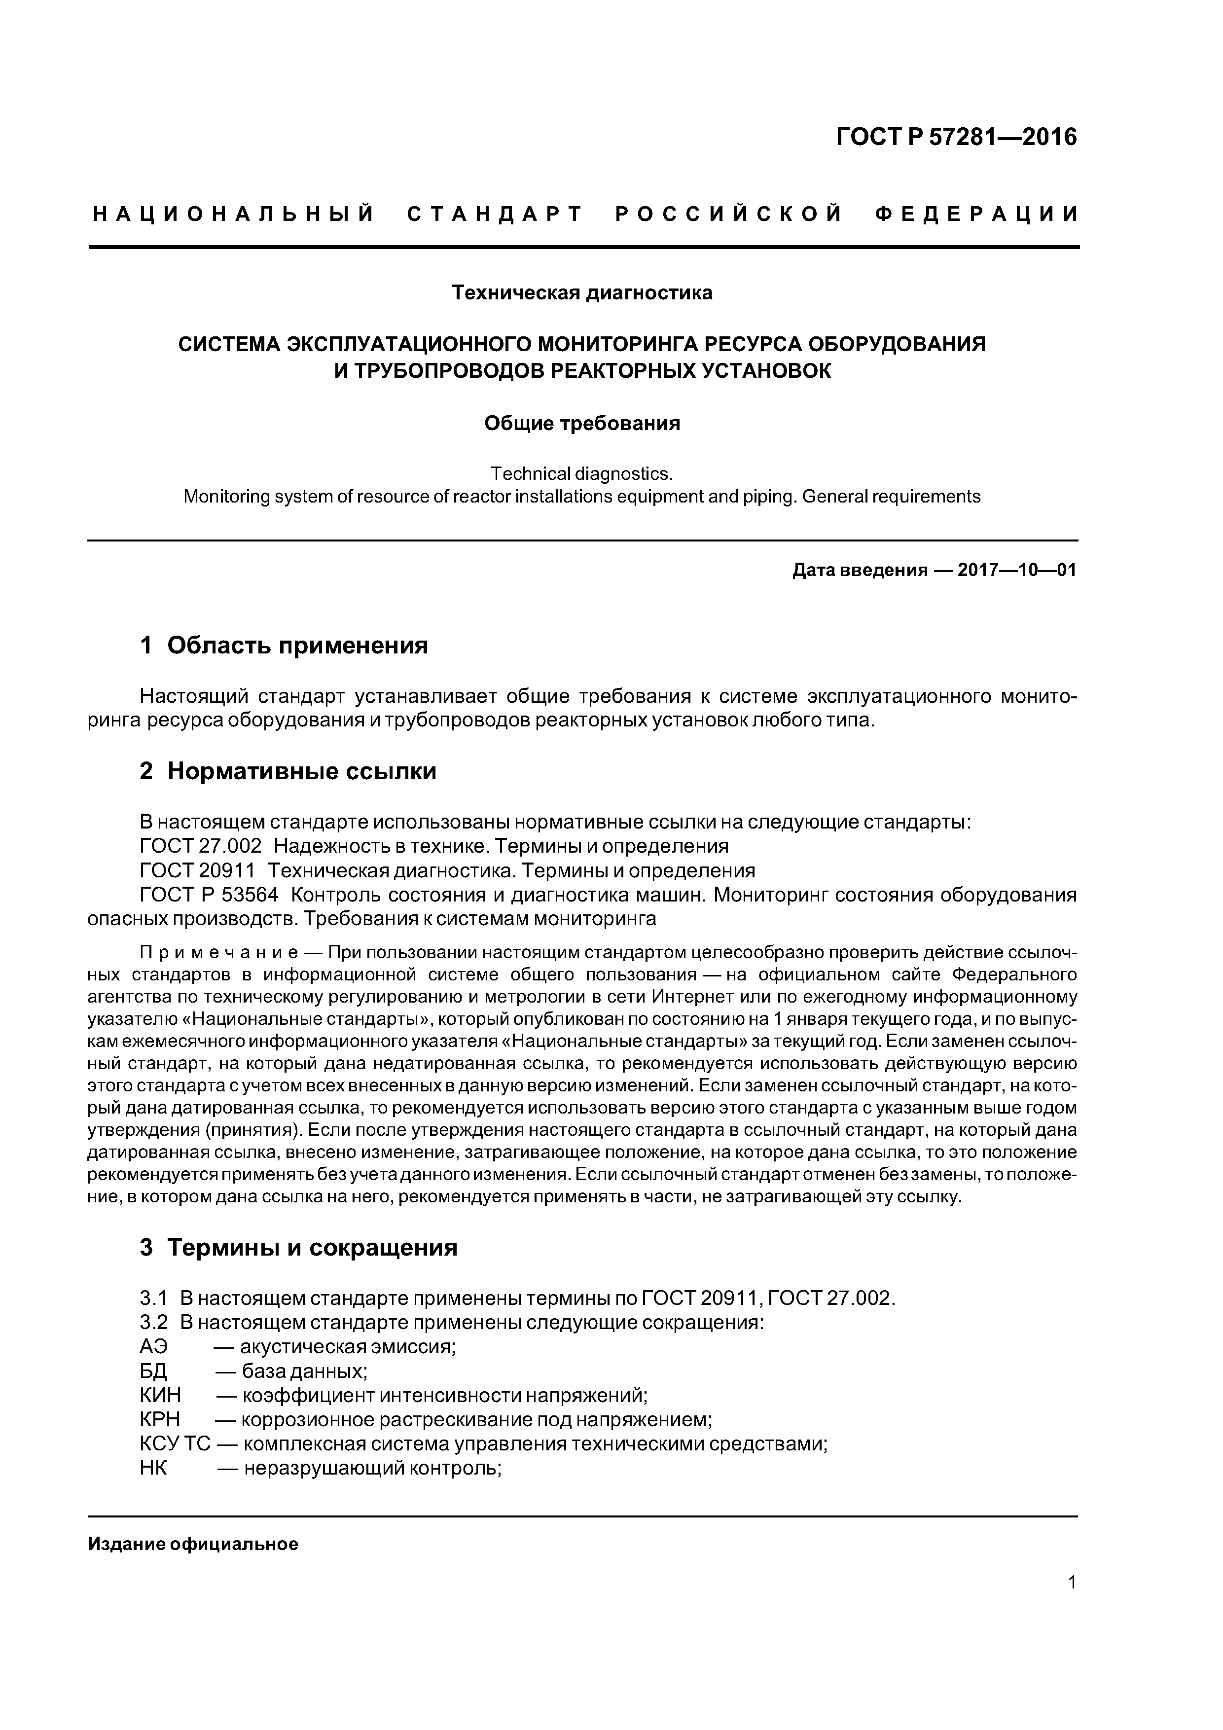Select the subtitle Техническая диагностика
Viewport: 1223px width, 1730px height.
582,292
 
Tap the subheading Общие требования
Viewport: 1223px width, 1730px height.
582,424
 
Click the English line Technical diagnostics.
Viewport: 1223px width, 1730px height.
581,473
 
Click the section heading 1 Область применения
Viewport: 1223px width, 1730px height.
284,646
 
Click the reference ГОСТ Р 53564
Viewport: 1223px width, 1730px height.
209,895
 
